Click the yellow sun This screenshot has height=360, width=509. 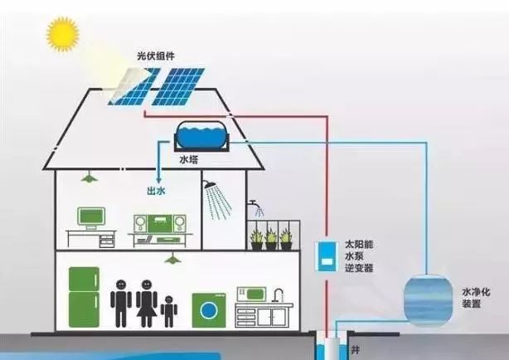[63, 34]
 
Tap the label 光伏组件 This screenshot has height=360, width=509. [156, 56]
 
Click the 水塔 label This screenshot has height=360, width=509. [189, 159]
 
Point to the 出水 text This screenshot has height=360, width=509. [156, 191]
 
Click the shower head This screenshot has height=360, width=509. [211, 184]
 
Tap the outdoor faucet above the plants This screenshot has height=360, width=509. [254, 204]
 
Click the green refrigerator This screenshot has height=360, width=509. [84, 297]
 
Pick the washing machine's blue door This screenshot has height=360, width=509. [208, 310]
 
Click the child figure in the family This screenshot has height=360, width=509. [169, 311]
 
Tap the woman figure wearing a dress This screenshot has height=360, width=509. [147, 303]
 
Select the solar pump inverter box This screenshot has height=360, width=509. [326, 256]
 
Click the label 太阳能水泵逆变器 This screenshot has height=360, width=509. [359, 256]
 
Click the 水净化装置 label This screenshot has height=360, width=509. [476, 298]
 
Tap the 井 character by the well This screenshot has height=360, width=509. [356, 350]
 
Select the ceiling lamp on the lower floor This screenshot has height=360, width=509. [173, 259]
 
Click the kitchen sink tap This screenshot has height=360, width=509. [278, 294]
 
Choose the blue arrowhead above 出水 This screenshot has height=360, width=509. [158, 180]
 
